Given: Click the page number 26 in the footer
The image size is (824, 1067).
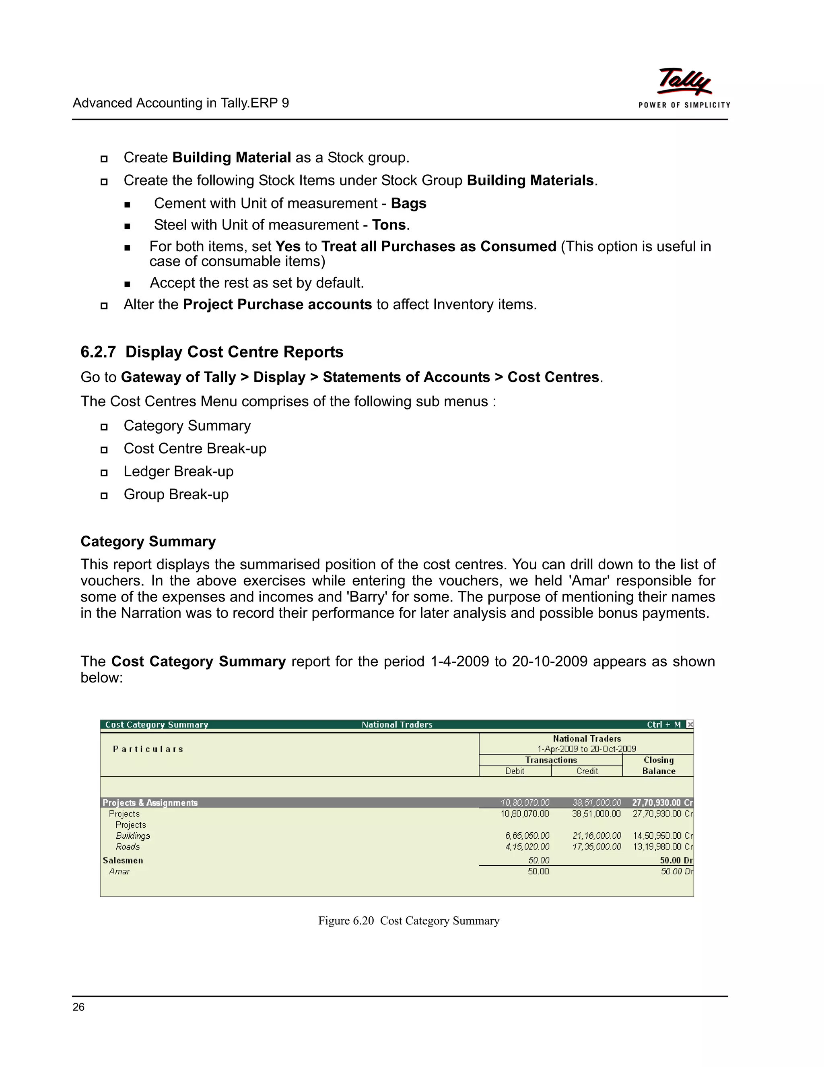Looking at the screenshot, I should (x=78, y=1007).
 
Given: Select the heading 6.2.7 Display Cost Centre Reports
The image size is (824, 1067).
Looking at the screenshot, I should (x=212, y=352).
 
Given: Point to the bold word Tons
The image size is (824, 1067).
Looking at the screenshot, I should (x=389, y=225).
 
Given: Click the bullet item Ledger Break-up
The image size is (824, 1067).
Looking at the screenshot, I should (x=178, y=471).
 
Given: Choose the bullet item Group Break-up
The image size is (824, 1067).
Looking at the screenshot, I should (x=176, y=494).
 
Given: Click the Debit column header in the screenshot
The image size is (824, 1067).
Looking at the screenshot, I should (x=515, y=771).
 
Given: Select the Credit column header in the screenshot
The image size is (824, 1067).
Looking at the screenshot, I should (x=587, y=771).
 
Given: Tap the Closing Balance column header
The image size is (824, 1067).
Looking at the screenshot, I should (x=659, y=765).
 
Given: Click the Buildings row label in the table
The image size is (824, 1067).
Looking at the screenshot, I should (x=133, y=836).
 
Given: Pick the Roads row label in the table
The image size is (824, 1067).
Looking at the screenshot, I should (x=128, y=847).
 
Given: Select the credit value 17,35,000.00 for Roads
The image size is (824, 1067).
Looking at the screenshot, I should (x=597, y=847).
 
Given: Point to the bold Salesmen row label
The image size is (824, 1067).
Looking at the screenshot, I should (x=123, y=860).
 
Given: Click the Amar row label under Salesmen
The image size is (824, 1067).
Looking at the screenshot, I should (x=119, y=872).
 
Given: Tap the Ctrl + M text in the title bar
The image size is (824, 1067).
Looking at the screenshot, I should (x=663, y=724).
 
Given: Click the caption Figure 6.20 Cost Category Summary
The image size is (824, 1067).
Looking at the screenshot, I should (x=409, y=921).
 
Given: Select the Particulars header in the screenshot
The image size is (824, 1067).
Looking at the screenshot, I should (x=148, y=749).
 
